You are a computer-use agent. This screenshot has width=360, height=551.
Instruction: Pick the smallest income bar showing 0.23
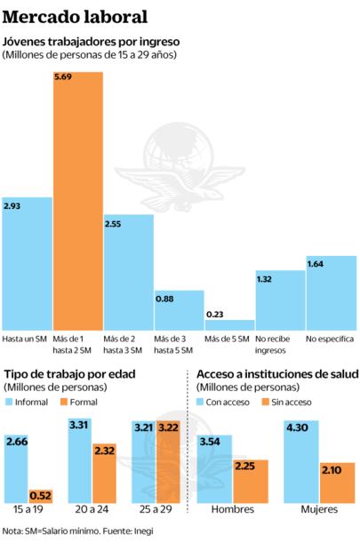[x=229, y=324]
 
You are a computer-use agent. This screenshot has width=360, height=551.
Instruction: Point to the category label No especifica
[x=330, y=339]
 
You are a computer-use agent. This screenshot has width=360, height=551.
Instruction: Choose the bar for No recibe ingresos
[x=280, y=300]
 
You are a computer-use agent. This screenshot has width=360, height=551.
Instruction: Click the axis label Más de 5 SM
[x=228, y=339]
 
